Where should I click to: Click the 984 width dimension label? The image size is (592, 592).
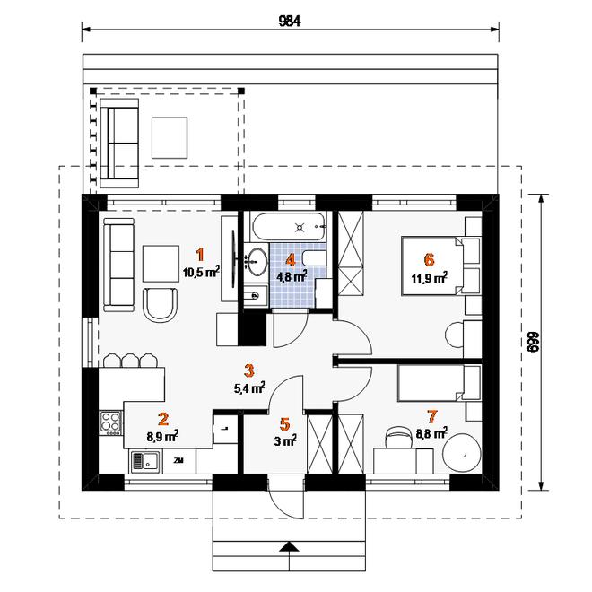[290, 22]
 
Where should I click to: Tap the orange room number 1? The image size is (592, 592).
[200, 255]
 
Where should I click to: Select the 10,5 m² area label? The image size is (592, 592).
[201, 272]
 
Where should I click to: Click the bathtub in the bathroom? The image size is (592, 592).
[287, 227]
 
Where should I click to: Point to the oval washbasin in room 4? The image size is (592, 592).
[257, 261]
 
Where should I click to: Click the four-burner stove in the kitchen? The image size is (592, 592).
[110, 422]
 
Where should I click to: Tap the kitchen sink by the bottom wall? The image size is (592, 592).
[145, 461]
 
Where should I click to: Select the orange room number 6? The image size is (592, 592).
[430, 260]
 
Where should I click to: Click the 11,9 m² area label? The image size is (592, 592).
[430, 278]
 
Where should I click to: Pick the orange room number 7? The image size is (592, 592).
[432, 416]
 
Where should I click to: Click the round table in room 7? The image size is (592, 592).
[461, 453]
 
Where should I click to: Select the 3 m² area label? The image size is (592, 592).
[285, 440]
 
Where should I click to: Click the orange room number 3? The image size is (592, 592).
[248, 370]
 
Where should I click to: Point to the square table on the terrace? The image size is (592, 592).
[170, 137]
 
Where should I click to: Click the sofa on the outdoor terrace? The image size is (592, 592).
[119, 144]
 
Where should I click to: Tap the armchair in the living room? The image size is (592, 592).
[161, 304]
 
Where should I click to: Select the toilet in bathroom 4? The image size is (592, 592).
[314, 257]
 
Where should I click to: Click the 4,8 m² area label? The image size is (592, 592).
[292, 276]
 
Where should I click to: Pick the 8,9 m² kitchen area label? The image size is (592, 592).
[162, 436]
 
